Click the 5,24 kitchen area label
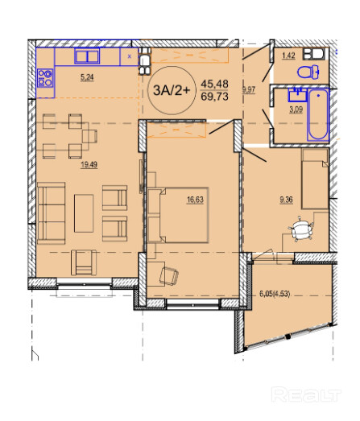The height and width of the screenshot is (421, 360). pyautogui.click(x=87, y=77)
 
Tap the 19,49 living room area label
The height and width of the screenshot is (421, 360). pyautogui.click(x=89, y=164)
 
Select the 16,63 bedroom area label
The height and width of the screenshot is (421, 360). pyautogui.click(x=196, y=200)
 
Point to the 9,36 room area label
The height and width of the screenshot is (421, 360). pyautogui.click(x=286, y=200)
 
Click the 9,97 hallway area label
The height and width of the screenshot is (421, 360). pyautogui.click(x=249, y=89)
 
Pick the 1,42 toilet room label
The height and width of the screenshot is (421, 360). pyautogui.click(x=288, y=56)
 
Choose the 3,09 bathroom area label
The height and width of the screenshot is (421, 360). pyautogui.click(x=296, y=109)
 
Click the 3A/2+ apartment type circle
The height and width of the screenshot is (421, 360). pyautogui.click(x=172, y=90)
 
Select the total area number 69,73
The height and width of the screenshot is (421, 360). pyautogui.click(x=215, y=96)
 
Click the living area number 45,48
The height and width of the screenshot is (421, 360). pyautogui.click(x=215, y=84)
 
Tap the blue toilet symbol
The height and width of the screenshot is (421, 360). pyautogui.click(x=308, y=72)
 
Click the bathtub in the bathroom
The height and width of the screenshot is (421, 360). pyautogui.click(x=318, y=114)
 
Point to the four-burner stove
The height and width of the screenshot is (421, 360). pyautogui.click(x=45, y=78)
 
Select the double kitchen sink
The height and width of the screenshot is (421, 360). pyautogui.click(x=87, y=56)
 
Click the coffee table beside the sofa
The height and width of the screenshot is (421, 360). pyautogui.click(x=84, y=213)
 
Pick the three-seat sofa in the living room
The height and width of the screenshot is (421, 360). pyautogui.click(x=52, y=213)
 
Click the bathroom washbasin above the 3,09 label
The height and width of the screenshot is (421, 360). pyautogui.click(x=298, y=95)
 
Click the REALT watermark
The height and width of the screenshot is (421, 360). pyautogui.click(x=306, y=394)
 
